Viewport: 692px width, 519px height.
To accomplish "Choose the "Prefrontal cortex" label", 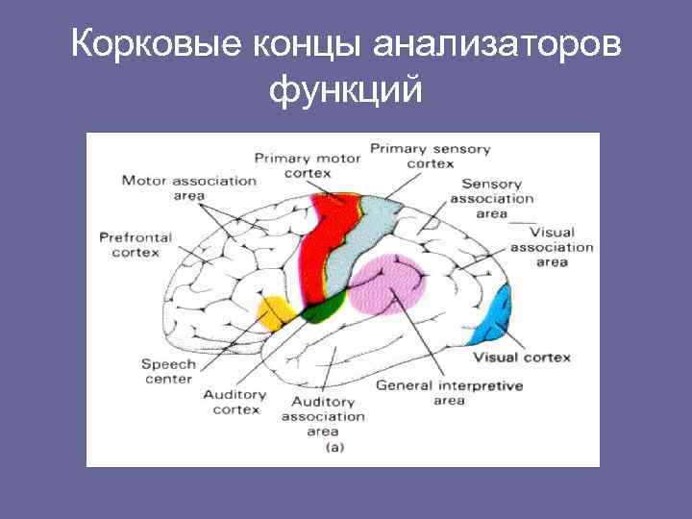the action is [136, 244].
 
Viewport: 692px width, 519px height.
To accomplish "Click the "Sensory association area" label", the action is [491, 198].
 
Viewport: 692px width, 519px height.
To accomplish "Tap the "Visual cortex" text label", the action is [522, 358].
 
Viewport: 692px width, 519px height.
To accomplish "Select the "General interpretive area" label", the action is [449, 392].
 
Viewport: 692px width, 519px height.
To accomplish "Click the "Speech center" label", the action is [168, 371].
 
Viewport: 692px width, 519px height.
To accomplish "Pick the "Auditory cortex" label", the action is [235, 402].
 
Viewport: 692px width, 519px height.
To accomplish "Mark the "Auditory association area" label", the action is [323, 416].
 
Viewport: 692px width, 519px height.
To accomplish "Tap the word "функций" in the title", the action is [346, 90].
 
